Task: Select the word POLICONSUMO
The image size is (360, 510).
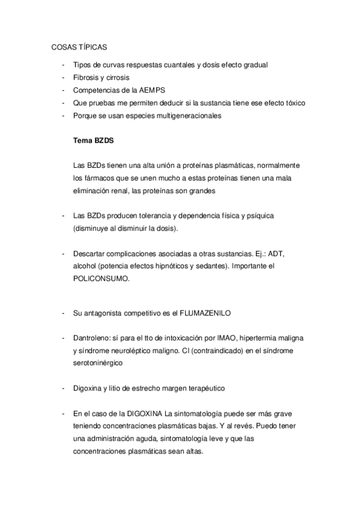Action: tap(100, 279)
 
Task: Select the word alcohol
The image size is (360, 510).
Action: tap(85, 266)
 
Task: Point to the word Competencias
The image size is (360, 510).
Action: tap(97, 90)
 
